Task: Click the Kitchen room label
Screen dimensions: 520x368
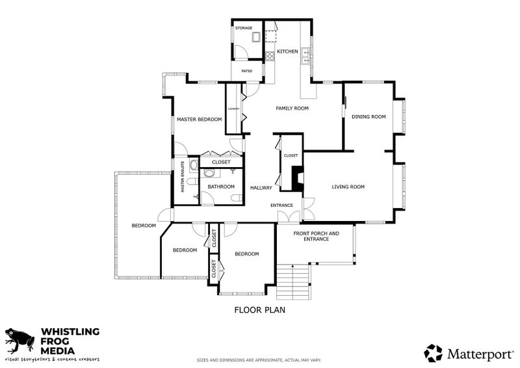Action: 287,51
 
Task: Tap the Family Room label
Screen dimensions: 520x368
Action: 292,108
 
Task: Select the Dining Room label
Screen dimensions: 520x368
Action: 369,117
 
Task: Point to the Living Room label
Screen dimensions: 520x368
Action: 348,187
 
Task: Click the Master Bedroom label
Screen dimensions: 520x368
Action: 200,120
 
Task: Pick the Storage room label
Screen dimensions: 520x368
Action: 244,28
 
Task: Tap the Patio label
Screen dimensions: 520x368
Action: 247,71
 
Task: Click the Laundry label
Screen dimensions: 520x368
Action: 234,109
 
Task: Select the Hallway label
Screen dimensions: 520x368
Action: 261,188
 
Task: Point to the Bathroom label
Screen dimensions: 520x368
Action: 221,187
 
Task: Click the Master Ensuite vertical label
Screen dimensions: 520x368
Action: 183,177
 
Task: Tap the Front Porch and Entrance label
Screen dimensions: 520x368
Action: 317,236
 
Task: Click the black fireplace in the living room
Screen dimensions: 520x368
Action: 298,178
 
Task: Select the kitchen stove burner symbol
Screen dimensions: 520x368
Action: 270,56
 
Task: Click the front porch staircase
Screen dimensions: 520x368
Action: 294,282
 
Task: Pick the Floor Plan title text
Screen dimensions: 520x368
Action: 259,310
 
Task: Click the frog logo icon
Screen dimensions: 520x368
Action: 19,341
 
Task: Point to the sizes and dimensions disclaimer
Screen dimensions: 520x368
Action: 259,360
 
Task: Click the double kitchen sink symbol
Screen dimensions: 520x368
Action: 305,57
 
